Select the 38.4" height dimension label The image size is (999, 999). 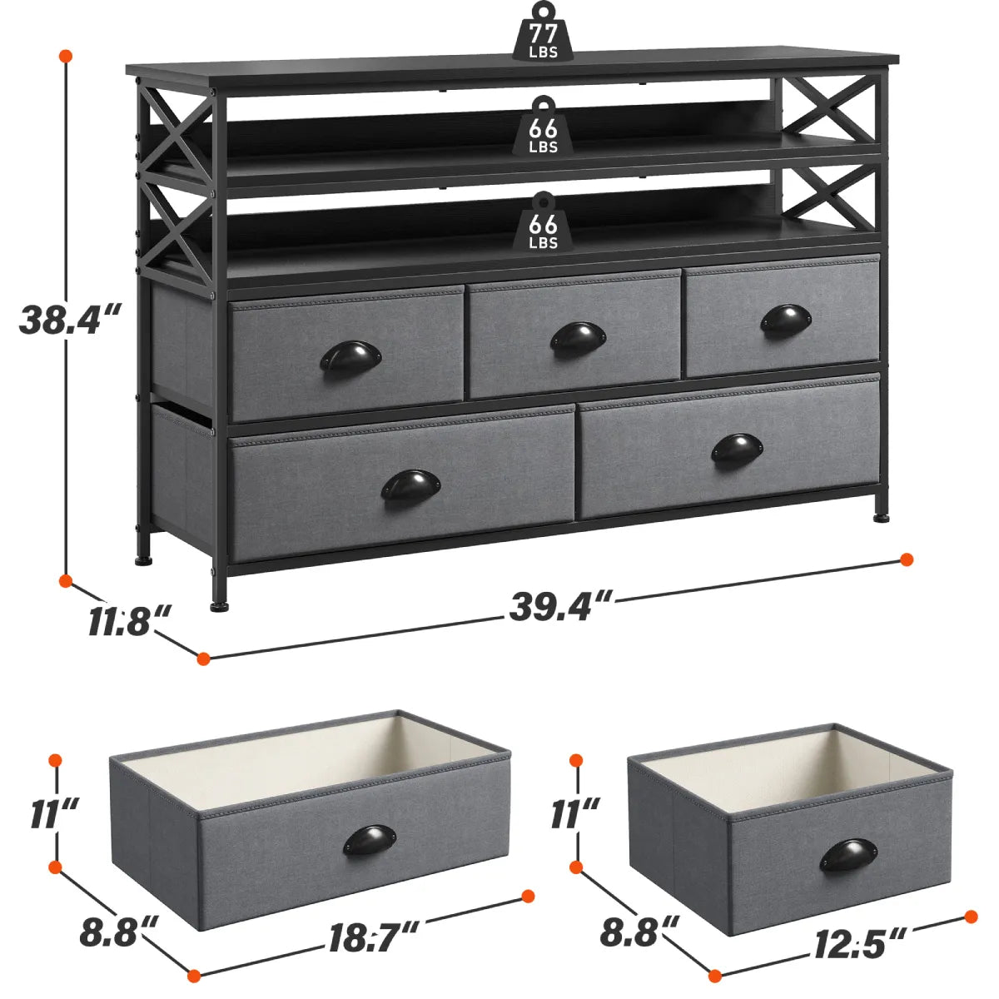tap(71, 319)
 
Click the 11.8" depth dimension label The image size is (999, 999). tap(129, 621)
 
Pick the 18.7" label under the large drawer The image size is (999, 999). tap(373, 940)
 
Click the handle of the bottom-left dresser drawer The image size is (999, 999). tap(411, 485)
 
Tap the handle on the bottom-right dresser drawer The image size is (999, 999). tap(738, 449)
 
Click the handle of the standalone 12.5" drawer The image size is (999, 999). tap(847, 854)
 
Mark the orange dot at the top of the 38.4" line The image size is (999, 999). tap(65, 56)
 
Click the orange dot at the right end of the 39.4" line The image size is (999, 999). tap(907, 559)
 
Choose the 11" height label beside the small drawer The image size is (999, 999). tap(574, 813)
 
